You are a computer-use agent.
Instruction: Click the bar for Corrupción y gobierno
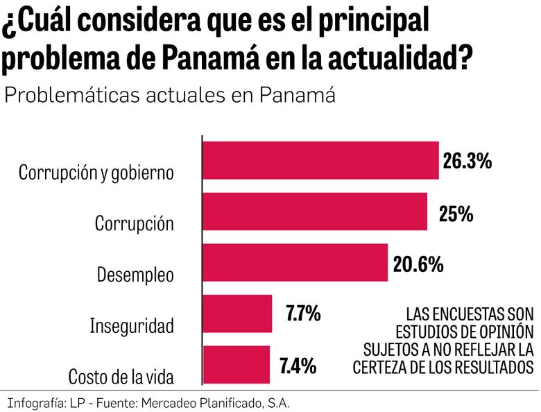click(320, 160)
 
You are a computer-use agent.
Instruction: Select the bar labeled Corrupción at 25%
click(314, 211)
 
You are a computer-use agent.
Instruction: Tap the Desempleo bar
click(294, 262)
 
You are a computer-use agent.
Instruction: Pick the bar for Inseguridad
click(237, 314)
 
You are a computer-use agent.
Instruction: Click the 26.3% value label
click(467, 162)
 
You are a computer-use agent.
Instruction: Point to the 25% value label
click(456, 214)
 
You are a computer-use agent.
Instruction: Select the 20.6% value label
click(418, 264)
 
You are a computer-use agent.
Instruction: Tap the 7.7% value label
click(303, 314)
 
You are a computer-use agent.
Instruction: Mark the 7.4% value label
click(299, 365)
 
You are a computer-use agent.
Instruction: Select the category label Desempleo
click(135, 274)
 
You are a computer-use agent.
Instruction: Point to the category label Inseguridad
click(131, 325)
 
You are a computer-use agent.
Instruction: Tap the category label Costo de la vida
click(121, 377)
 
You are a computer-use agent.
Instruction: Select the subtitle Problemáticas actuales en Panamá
click(170, 95)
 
